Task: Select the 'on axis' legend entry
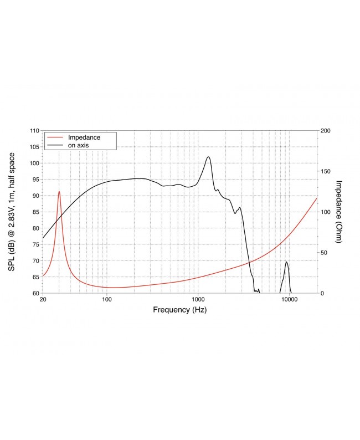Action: click(79, 145)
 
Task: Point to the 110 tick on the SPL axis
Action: click(35, 131)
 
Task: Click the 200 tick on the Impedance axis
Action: click(326, 131)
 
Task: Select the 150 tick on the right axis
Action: click(326, 171)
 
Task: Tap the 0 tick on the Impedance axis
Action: click(322, 293)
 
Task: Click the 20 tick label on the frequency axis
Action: click(43, 300)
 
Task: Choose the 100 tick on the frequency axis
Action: click(107, 300)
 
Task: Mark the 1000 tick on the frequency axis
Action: click(198, 300)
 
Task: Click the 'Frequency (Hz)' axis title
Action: click(179, 310)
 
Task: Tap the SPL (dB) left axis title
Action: click(12, 212)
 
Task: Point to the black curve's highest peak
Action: click(208, 157)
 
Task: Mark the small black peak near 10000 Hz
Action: click(286, 262)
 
